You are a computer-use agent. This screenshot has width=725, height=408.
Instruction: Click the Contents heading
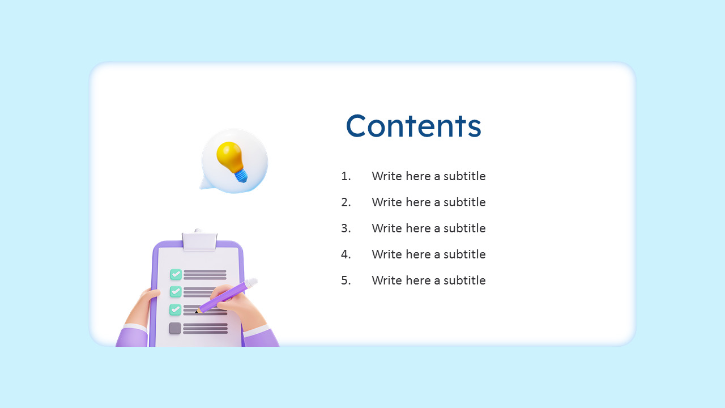(413, 126)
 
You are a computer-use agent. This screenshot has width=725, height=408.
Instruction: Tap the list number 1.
(346, 176)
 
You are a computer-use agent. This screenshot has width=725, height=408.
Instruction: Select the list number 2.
(346, 202)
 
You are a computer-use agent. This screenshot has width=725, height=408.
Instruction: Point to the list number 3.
(346, 228)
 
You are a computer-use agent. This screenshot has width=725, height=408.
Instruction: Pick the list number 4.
(346, 254)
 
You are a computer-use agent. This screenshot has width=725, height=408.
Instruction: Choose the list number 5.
(346, 280)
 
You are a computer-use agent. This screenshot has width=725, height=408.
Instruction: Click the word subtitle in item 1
(464, 176)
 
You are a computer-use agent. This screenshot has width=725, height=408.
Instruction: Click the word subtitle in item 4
(464, 254)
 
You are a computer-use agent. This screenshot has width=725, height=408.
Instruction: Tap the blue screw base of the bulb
(241, 176)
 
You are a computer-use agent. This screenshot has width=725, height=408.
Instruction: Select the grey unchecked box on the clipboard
(175, 328)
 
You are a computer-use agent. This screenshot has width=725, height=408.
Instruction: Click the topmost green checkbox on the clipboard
(176, 274)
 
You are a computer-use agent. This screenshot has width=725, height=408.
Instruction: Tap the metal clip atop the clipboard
(199, 241)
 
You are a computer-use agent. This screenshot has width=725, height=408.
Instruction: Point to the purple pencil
(227, 296)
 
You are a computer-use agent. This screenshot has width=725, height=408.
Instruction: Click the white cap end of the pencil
(252, 283)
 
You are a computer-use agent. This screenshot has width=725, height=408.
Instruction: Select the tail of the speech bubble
(206, 184)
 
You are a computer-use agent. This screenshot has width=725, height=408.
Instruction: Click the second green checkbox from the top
(176, 291)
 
